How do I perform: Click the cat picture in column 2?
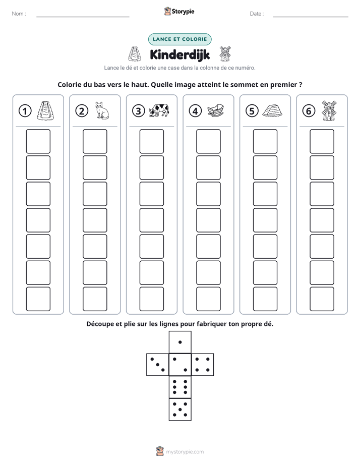[x=102, y=110]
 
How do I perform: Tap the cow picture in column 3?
[x=159, y=110]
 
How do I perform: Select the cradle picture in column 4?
[x=215, y=111]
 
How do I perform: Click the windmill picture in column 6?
[x=329, y=110]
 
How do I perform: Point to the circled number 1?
[x=25, y=111]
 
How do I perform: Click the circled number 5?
[x=252, y=111]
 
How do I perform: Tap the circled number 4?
[x=195, y=111]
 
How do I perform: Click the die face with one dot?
[x=180, y=342]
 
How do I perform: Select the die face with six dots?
[x=180, y=387]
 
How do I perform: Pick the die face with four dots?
[x=203, y=365]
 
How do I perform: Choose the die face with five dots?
[x=180, y=410]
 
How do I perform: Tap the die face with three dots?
[x=158, y=365]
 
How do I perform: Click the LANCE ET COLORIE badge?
[x=179, y=39]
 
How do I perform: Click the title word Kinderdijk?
[x=180, y=54]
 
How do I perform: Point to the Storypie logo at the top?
[x=179, y=11]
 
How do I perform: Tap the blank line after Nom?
[x=83, y=17]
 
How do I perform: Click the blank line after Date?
[x=311, y=17]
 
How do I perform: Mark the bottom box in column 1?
[x=38, y=299]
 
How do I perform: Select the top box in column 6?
[x=322, y=141]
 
